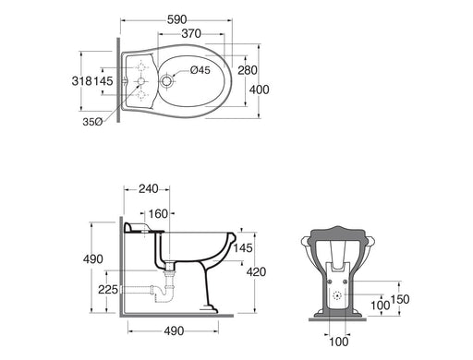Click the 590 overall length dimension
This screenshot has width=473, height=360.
177,19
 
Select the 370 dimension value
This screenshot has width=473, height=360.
191,33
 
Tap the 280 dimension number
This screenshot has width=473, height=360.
248,70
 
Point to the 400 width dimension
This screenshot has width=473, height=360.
260,90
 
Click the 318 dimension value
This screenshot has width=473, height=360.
82,81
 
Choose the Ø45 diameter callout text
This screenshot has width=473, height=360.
200,70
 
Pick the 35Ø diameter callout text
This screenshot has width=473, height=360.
92,122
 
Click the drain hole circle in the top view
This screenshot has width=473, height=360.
166,81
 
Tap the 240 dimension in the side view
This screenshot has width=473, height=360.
149,189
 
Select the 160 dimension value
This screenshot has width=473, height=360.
158,214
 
